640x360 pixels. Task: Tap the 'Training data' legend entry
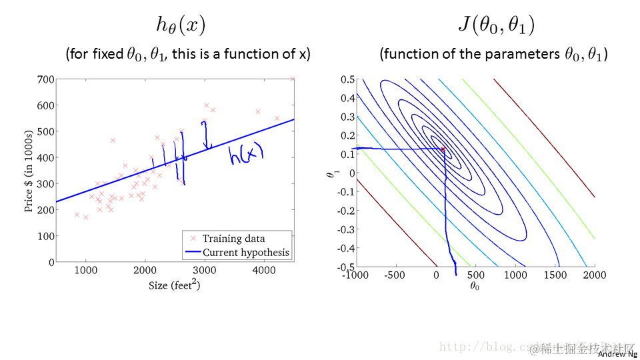[x=233, y=239]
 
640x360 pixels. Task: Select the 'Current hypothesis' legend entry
[x=246, y=252]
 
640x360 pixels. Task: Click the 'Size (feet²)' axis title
[x=175, y=285]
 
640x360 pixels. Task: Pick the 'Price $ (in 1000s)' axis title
[x=29, y=171]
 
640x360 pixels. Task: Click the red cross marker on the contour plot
[x=443, y=149]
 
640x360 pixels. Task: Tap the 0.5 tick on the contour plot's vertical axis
[x=346, y=79]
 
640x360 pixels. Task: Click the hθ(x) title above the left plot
[x=180, y=25]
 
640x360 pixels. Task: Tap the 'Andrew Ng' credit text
[x=618, y=355]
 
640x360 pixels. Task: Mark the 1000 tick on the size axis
[x=85, y=270]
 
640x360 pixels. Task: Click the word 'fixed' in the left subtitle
[x=107, y=55]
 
